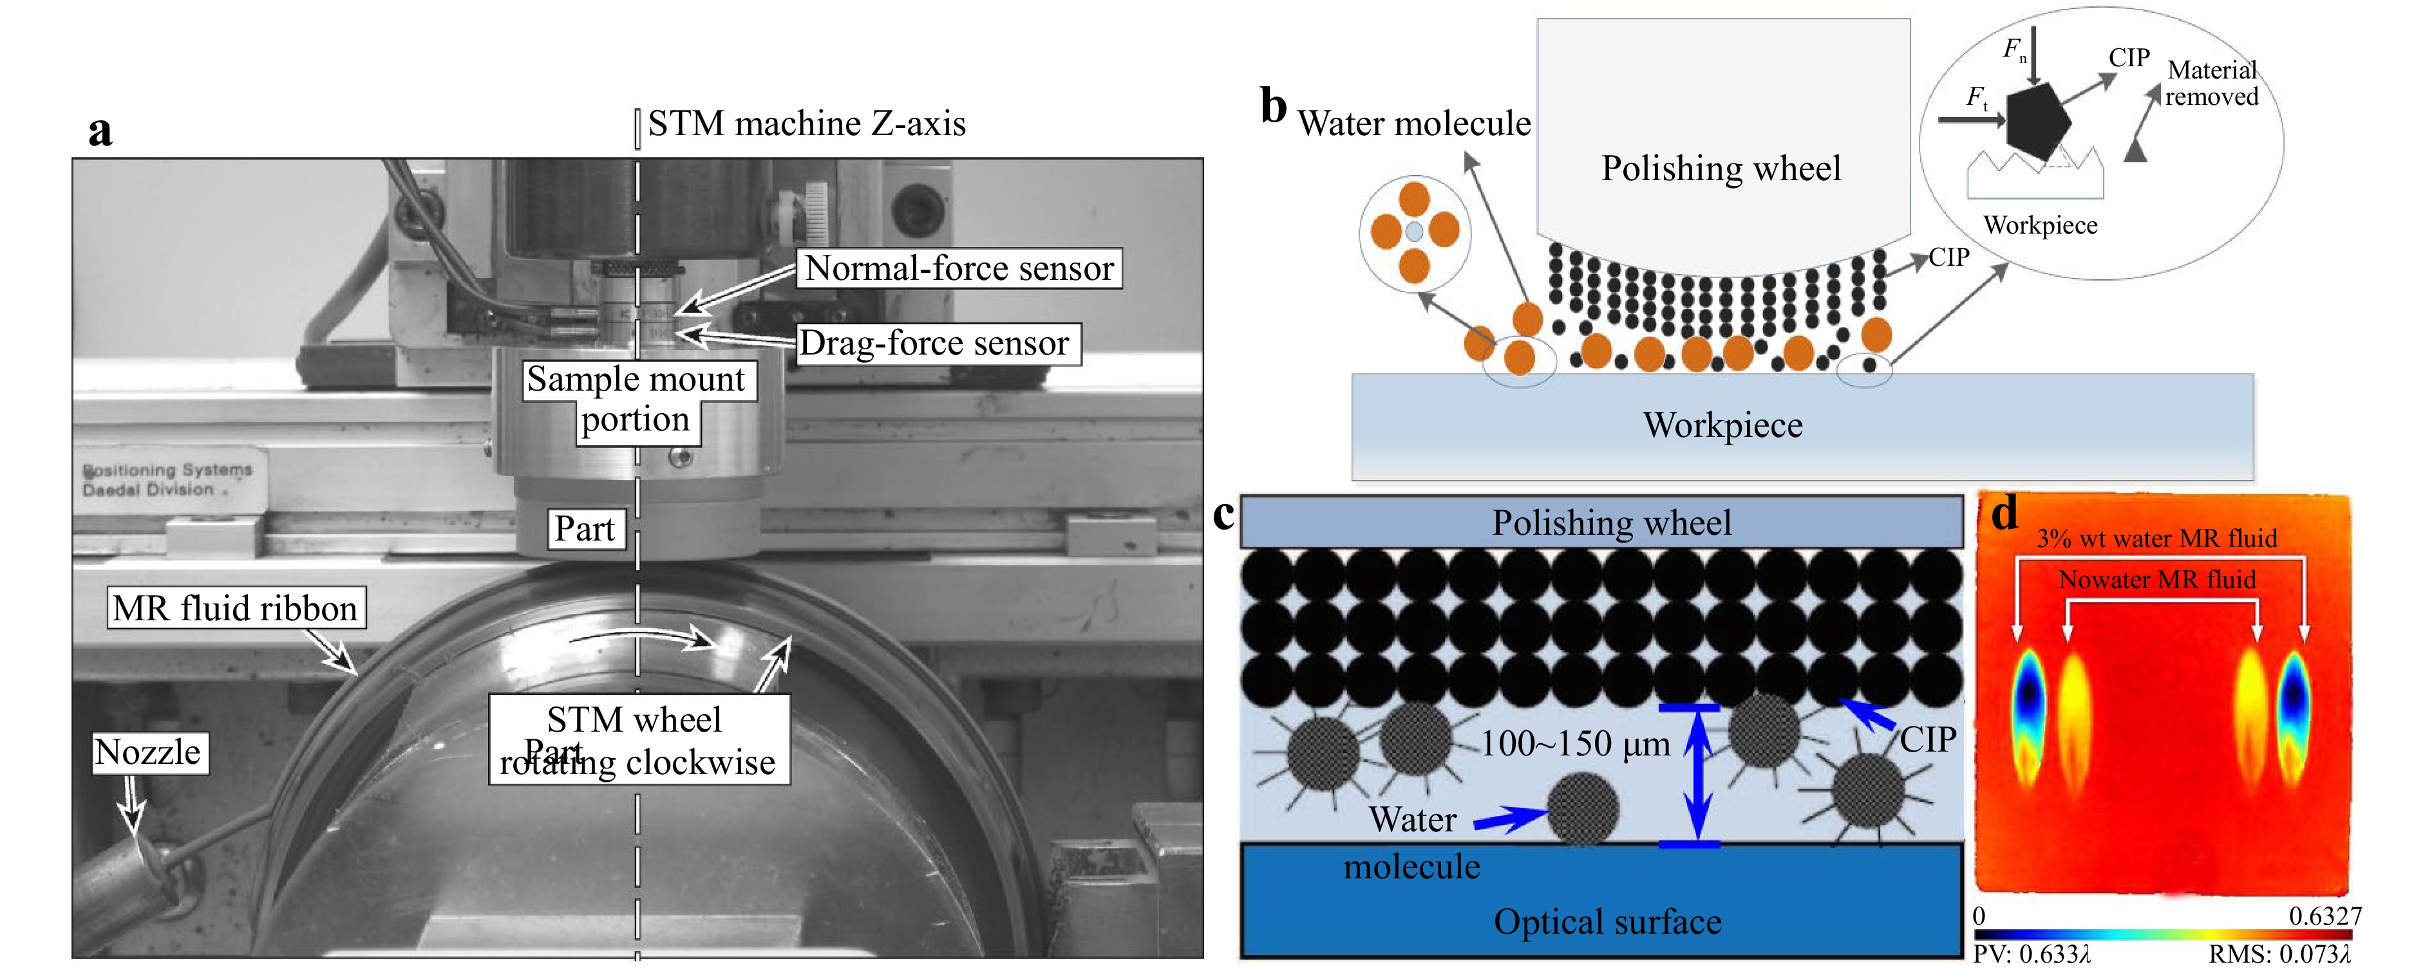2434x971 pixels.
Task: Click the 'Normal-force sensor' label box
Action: (x=959, y=268)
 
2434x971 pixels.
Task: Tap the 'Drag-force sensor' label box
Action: (x=934, y=343)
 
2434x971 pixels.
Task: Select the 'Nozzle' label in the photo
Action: (x=148, y=753)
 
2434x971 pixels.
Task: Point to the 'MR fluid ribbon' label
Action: (x=235, y=608)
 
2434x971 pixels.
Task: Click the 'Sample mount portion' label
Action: (x=637, y=398)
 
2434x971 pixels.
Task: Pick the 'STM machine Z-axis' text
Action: (x=806, y=124)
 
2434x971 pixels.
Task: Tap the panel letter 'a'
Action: (x=100, y=131)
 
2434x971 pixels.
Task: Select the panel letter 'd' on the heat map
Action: (x=2004, y=515)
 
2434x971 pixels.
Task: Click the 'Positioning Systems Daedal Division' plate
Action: (x=167, y=480)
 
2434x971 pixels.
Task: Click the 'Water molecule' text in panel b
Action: (x=1413, y=124)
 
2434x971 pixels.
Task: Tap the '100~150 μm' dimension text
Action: (x=1575, y=744)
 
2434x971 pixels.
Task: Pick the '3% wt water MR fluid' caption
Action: (x=2156, y=539)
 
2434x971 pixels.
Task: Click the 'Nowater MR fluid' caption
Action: (x=2156, y=579)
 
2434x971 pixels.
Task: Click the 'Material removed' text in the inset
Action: (x=2211, y=83)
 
